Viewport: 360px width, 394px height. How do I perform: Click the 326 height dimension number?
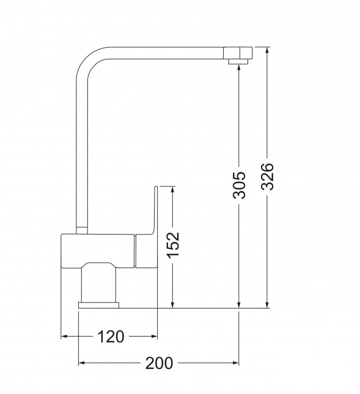tap(267, 177)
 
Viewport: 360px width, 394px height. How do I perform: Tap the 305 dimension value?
tap(239, 185)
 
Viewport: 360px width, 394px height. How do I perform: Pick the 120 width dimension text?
tap(111, 337)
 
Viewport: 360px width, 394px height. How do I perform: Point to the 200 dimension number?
tap(159, 363)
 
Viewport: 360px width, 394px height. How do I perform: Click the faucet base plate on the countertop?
tap(98, 305)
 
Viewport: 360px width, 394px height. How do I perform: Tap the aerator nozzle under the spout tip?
tap(238, 62)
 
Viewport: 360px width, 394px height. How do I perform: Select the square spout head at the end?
tap(238, 53)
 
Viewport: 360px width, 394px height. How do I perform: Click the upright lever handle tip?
tap(156, 187)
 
